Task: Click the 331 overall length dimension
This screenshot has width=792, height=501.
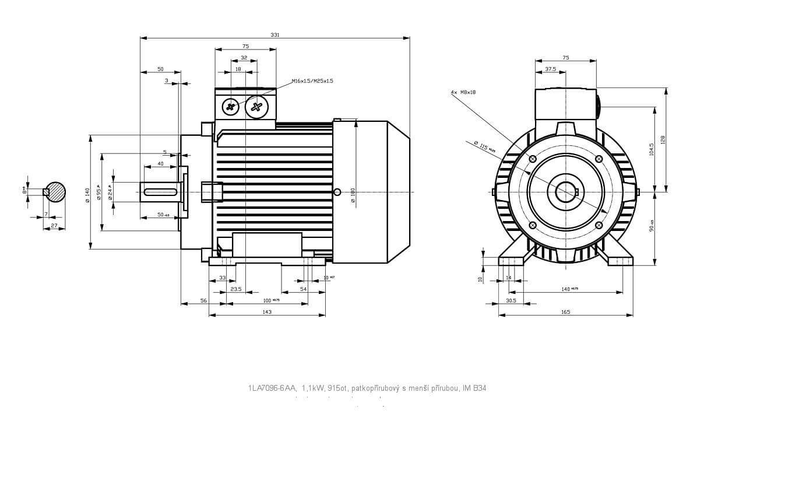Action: [x=274, y=35]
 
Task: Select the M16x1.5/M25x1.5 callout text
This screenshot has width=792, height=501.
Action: [x=312, y=81]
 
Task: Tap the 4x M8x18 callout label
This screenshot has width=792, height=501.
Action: [x=463, y=92]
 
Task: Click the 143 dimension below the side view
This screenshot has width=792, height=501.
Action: [x=267, y=312]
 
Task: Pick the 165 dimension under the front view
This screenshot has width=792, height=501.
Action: [x=565, y=312]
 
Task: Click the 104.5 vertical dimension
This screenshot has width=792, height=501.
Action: [x=652, y=149]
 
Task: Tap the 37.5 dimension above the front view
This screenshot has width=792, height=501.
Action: [x=550, y=69]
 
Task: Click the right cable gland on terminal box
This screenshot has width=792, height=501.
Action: [x=256, y=106]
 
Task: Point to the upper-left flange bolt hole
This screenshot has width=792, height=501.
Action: [x=532, y=159]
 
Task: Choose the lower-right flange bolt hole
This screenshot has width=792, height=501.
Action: [x=599, y=226]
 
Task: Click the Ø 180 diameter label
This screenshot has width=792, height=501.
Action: [x=353, y=195]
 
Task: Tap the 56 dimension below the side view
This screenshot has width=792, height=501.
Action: [x=203, y=300]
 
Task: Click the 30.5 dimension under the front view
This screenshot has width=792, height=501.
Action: [x=511, y=300]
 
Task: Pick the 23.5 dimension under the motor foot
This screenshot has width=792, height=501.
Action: [x=235, y=289]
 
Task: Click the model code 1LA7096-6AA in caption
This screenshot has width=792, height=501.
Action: [x=272, y=387]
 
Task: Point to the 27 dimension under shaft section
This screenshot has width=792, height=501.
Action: [x=54, y=225]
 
